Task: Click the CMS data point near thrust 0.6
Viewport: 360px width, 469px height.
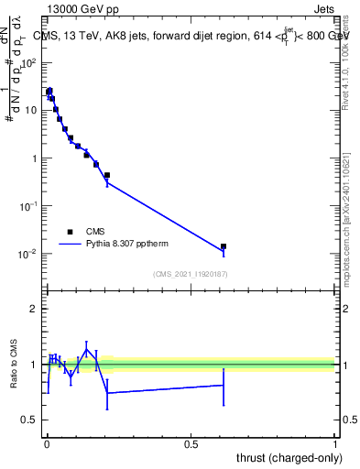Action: pos(224,246)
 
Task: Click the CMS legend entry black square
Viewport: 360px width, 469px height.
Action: pos(70,232)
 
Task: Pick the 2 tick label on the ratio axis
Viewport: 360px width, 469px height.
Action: pos(32,309)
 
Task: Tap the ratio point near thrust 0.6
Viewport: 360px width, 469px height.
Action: pos(224,385)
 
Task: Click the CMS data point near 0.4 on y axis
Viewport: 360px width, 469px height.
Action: pos(107,175)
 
